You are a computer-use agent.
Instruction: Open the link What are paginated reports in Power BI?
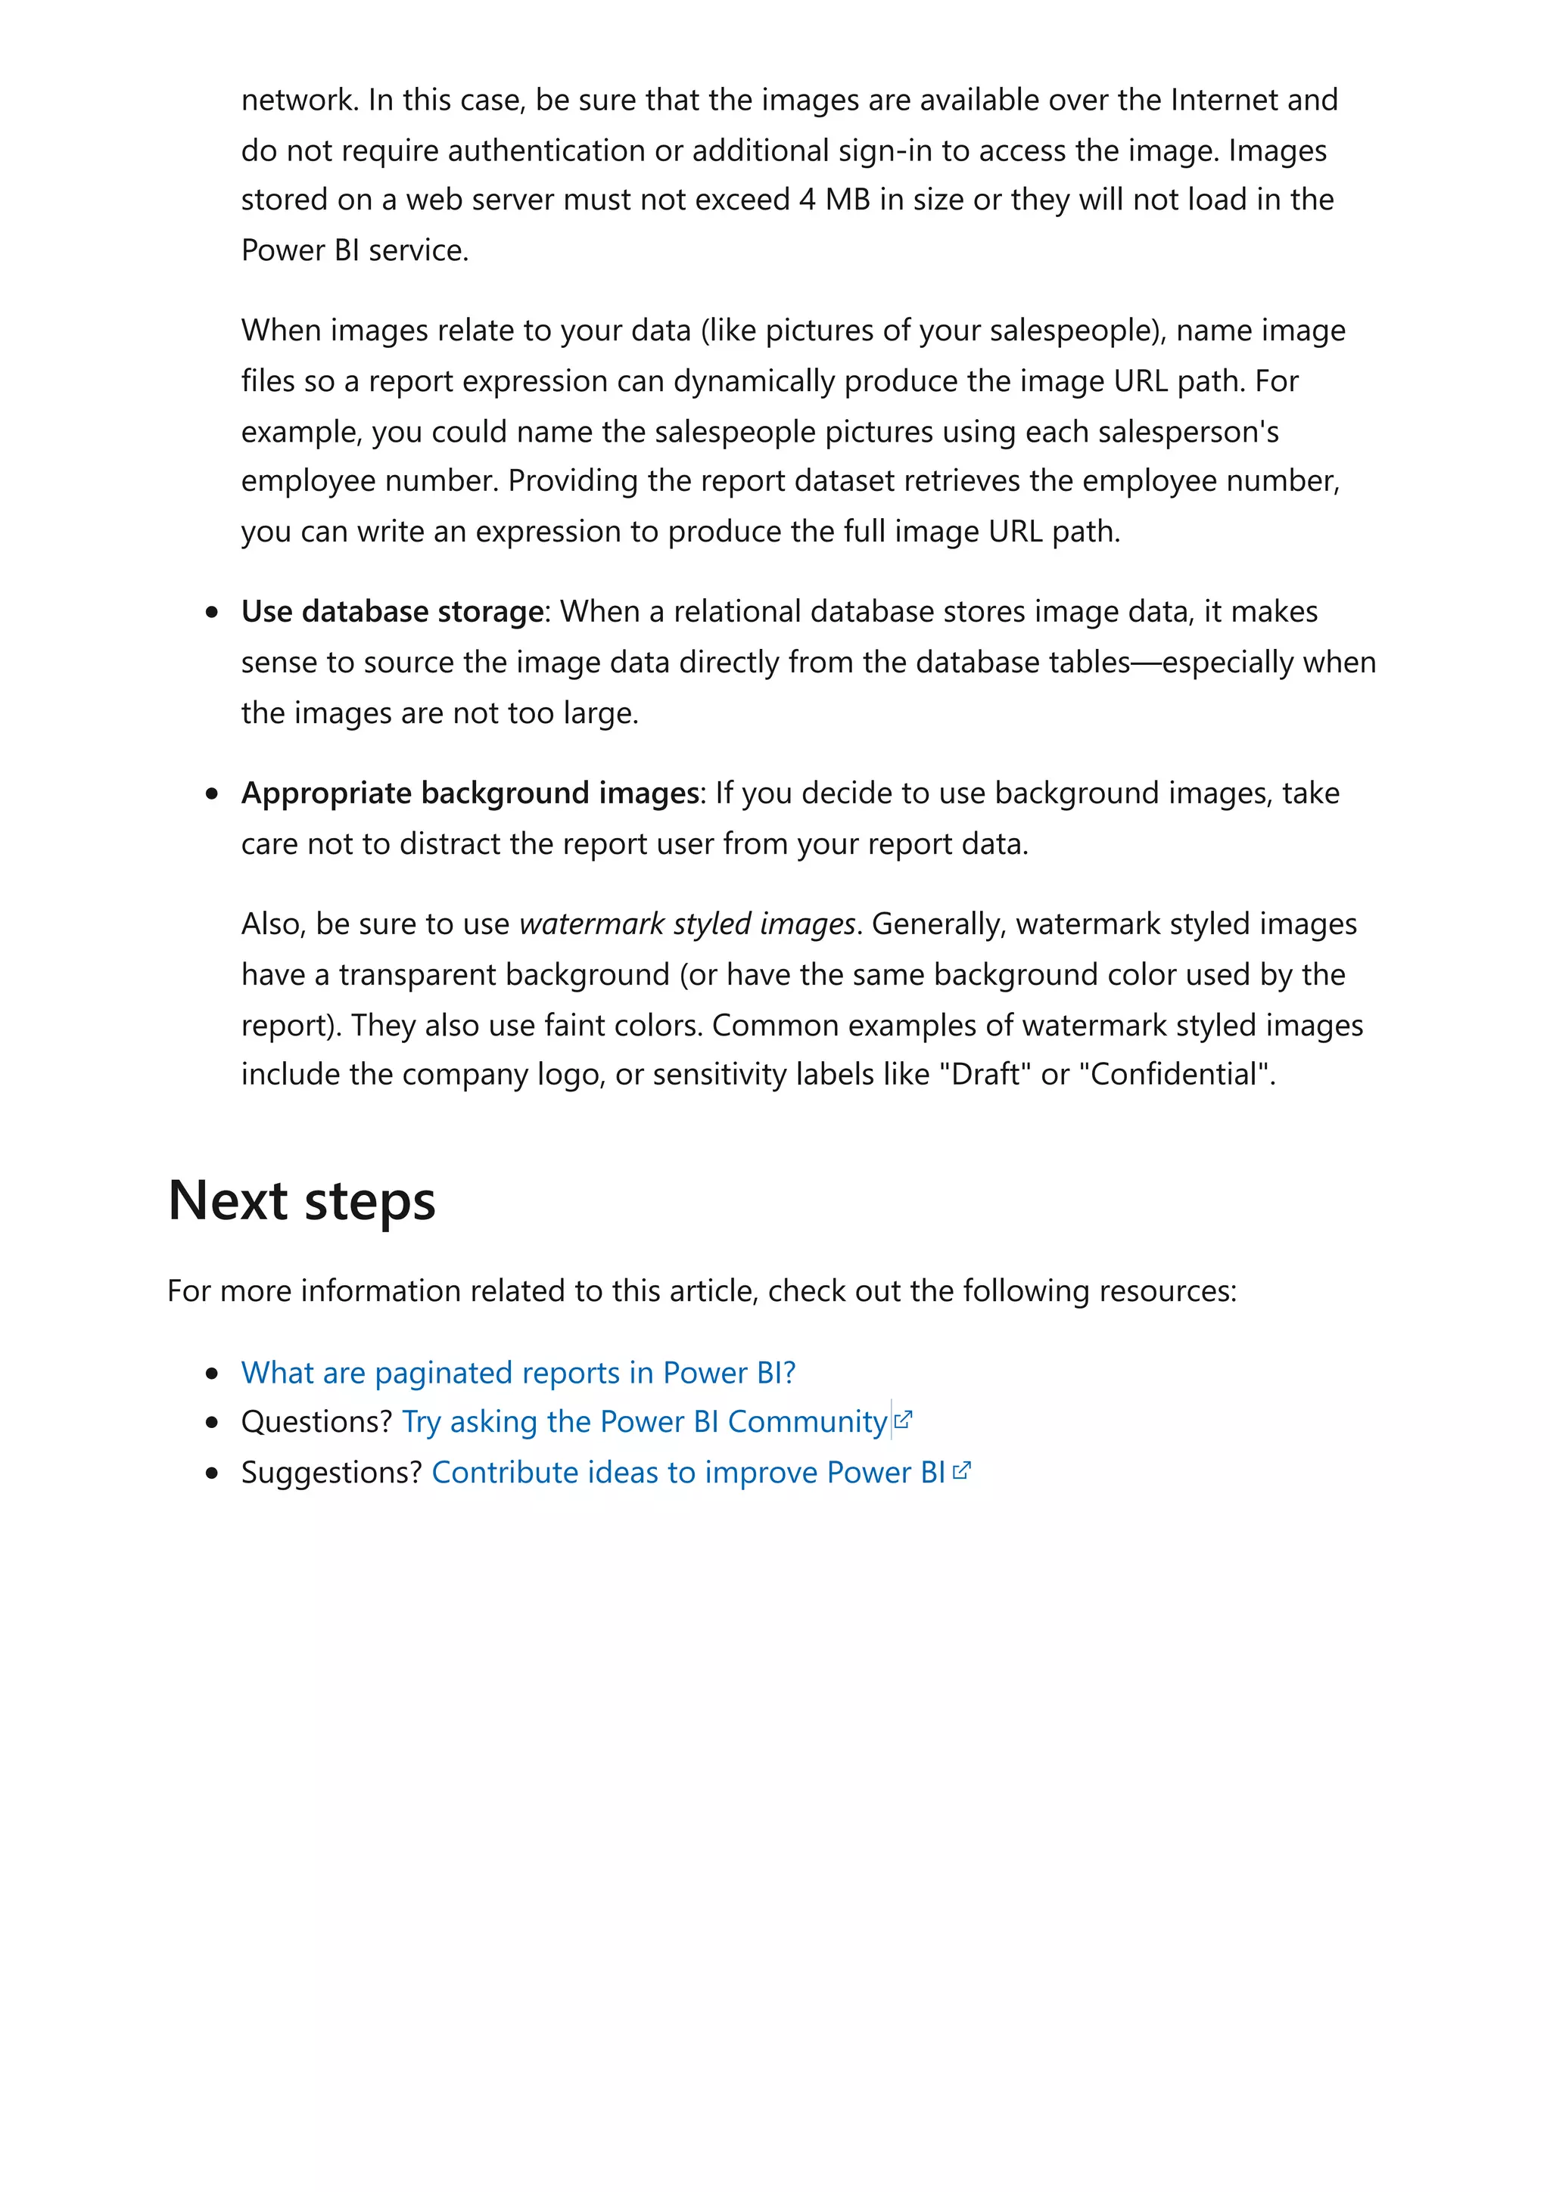tap(518, 1373)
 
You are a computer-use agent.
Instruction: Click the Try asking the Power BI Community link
tap(645, 1423)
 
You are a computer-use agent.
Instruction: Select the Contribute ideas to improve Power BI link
tap(688, 1473)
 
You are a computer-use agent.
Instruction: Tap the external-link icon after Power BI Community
tap(904, 1420)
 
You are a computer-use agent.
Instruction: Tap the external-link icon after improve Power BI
tap(962, 1471)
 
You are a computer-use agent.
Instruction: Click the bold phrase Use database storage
tap(391, 612)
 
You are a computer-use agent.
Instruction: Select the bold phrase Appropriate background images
tap(470, 793)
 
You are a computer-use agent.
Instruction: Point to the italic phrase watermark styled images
tap(686, 924)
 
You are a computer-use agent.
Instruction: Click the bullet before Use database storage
tap(212, 613)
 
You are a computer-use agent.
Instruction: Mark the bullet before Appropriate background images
tap(212, 794)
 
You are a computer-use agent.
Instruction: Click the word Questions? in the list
tap(316, 1423)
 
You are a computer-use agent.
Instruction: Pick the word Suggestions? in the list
tap(331, 1473)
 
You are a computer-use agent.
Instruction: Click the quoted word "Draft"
tap(985, 1075)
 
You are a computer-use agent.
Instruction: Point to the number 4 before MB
tap(807, 200)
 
